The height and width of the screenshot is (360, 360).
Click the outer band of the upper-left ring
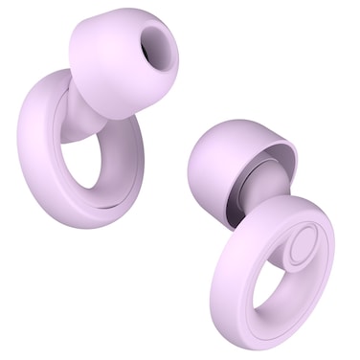coord(38,144)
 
